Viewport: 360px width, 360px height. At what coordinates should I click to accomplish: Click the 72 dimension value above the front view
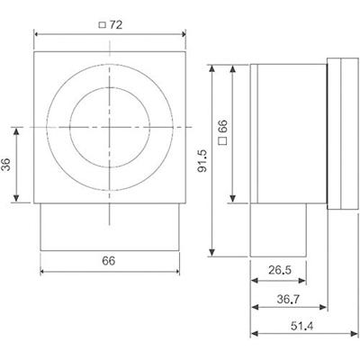pyautogui.click(x=116, y=24)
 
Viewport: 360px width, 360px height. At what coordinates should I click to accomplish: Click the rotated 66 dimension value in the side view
pyautogui.click(x=222, y=134)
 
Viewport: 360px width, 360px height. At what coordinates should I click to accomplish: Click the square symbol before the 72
pyautogui.click(x=102, y=25)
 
